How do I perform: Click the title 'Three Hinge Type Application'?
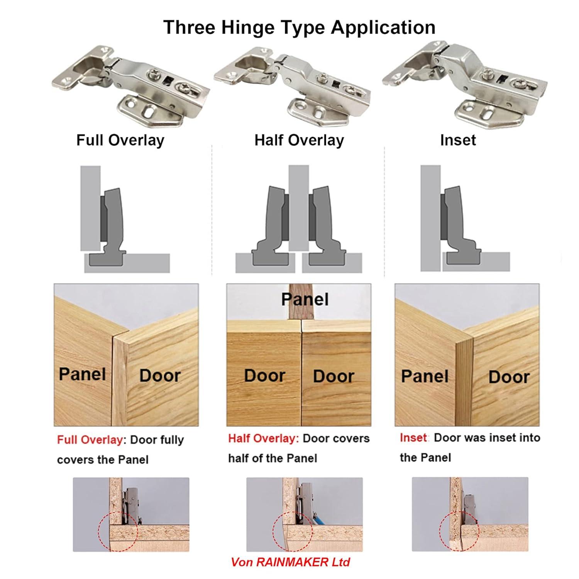(299, 27)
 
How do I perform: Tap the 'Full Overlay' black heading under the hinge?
(120, 140)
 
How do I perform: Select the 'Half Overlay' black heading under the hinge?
(299, 140)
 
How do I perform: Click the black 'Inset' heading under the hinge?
(458, 140)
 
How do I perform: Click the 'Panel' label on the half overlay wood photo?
(305, 300)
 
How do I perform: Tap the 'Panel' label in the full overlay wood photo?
(82, 374)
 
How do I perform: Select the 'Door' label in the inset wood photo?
(509, 377)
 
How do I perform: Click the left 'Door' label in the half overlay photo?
(264, 376)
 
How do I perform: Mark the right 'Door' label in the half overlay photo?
(334, 376)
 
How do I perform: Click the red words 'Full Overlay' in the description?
(90, 440)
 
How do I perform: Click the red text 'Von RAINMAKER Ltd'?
(290, 562)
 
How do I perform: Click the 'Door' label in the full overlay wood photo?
(160, 376)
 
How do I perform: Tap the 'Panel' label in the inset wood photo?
(425, 376)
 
